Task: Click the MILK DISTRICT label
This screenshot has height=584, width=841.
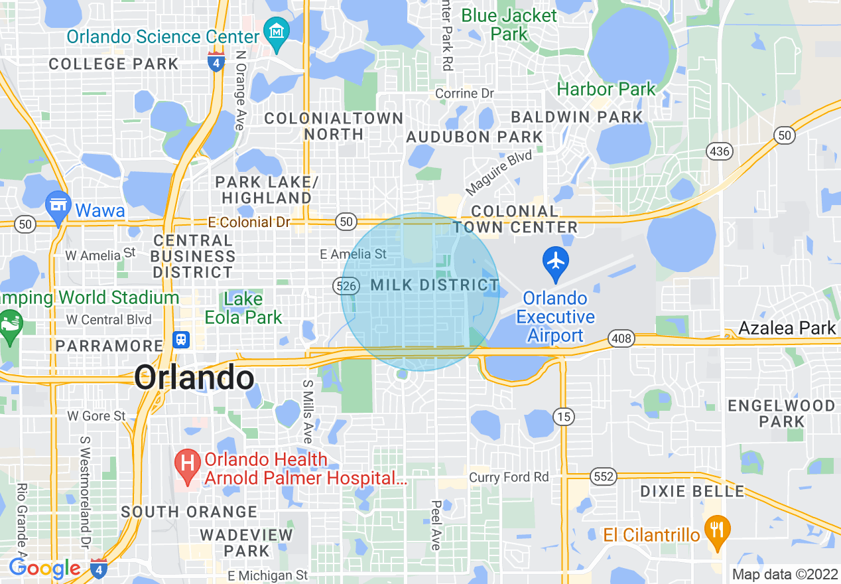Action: point(434,285)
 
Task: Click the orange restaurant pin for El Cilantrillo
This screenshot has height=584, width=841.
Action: point(716,531)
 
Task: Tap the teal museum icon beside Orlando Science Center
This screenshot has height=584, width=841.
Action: point(275,31)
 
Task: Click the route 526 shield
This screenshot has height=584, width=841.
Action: point(346,286)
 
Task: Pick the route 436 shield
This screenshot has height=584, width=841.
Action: point(720,151)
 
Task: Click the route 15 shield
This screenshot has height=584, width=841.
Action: point(564,417)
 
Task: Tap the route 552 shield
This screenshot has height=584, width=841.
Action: point(604,476)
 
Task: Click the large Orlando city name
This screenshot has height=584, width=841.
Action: point(194,378)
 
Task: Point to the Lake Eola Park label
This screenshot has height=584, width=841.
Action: point(243,308)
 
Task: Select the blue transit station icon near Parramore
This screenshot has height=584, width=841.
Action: point(180,340)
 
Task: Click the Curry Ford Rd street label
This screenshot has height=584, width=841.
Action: point(509,477)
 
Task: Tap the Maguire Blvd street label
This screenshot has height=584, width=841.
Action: point(499,172)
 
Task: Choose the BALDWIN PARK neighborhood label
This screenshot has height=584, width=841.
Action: point(577,117)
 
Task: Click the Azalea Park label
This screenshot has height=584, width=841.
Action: point(787,328)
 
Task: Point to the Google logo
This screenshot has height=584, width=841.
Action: point(44,569)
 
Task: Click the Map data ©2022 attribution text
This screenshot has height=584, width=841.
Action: point(784,574)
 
